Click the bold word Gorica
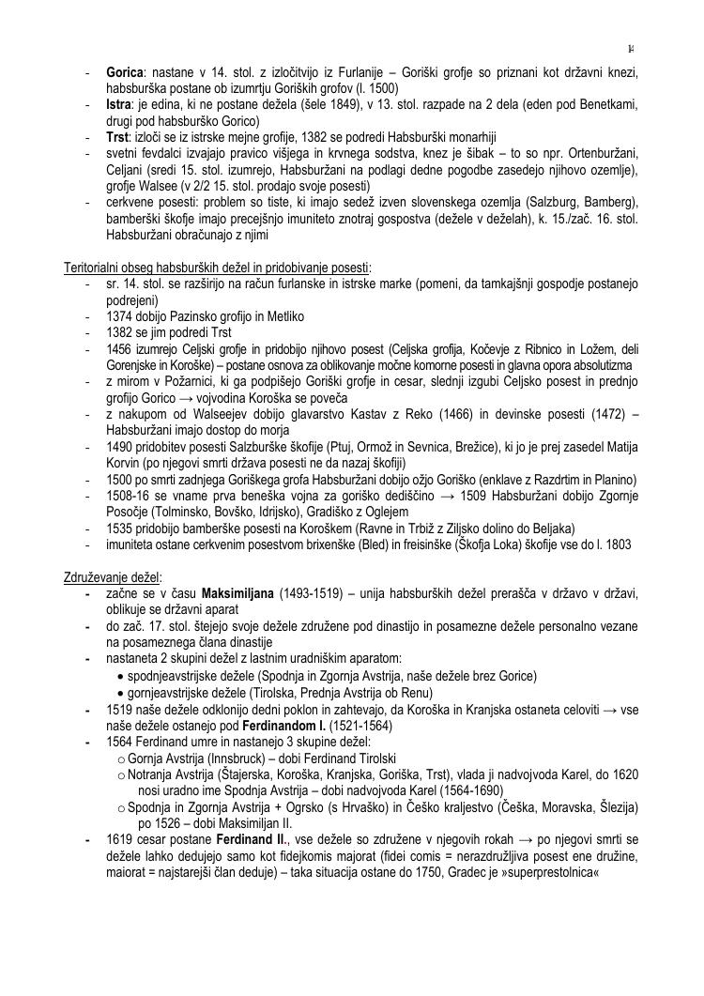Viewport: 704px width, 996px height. click(x=125, y=72)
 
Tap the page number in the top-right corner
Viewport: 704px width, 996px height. click(x=631, y=49)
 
